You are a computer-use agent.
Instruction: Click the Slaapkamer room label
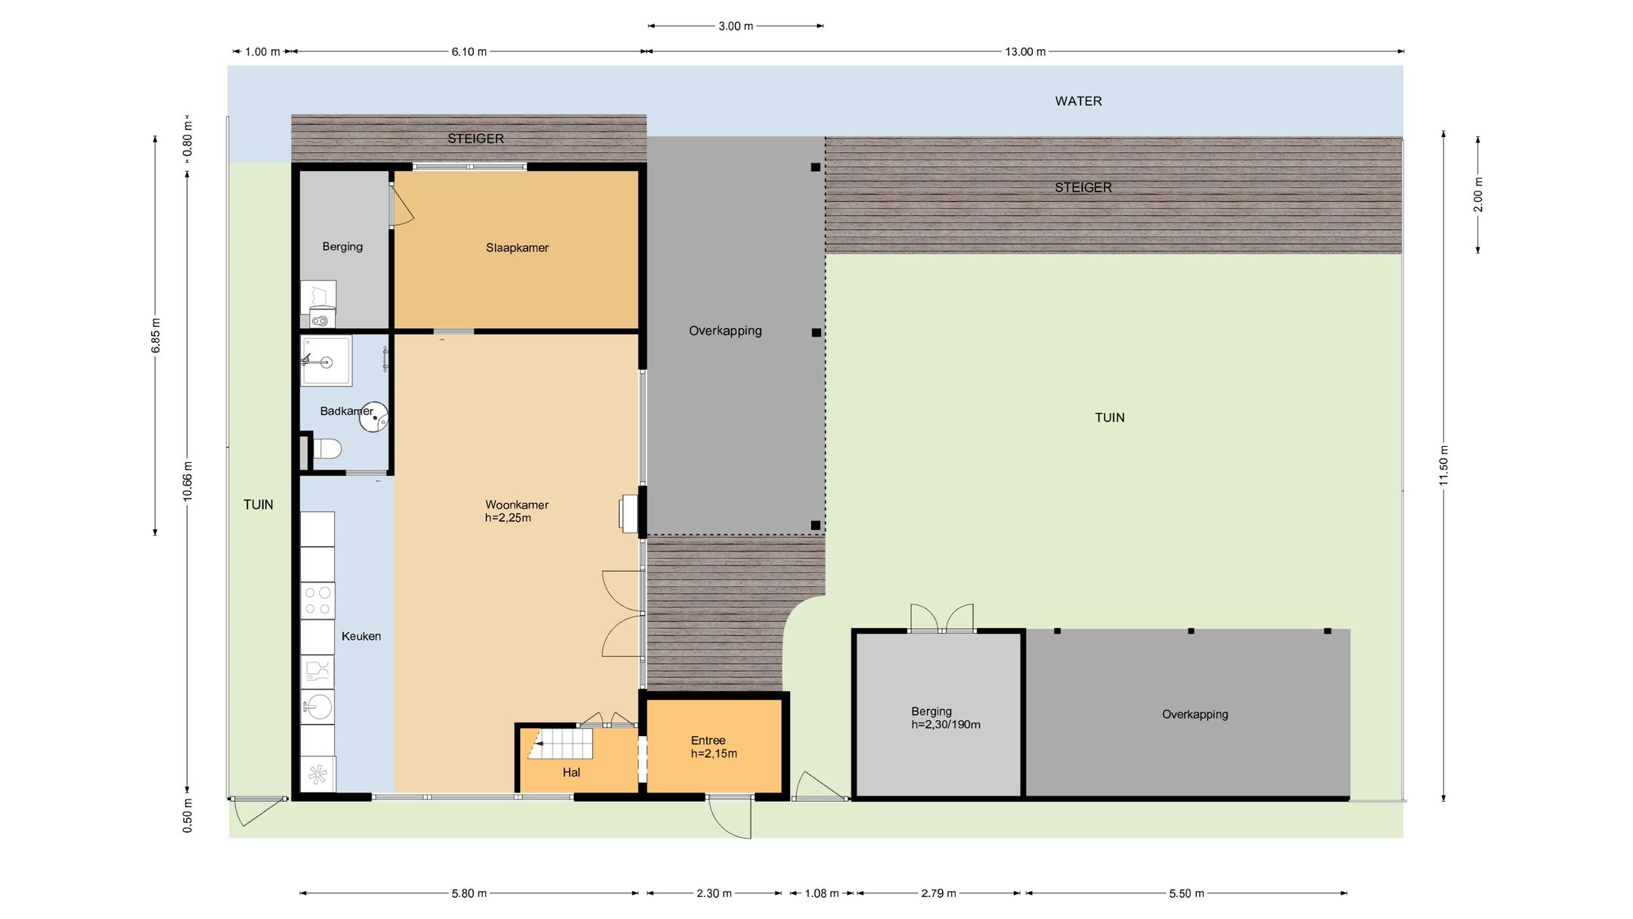point(517,248)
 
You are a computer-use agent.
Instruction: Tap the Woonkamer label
point(517,505)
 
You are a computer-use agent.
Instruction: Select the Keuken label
point(361,637)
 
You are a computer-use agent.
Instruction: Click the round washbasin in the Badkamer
point(373,417)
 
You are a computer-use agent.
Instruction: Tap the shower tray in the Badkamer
point(327,361)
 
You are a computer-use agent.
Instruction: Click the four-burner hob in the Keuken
point(318,601)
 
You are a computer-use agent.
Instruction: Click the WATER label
point(1078,101)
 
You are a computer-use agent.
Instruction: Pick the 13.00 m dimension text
point(1025,52)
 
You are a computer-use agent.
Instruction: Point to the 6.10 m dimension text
point(469,52)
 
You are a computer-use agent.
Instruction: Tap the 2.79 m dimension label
point(938,894)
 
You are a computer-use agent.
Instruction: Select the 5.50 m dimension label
point(1186,894)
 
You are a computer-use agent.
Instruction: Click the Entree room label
point(708,741)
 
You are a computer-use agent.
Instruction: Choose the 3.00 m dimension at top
point(736,26)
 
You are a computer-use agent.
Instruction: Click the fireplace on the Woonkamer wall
point(629,514)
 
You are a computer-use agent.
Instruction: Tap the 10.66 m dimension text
point(188,481)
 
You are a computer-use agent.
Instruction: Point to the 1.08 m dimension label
point(822,894)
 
